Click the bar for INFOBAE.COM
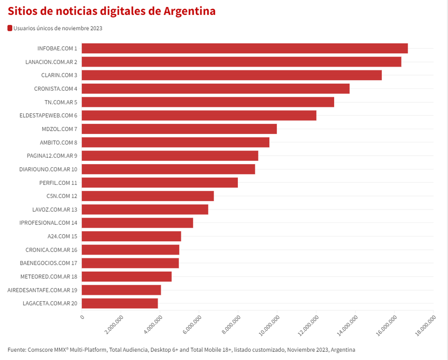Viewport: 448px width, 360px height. (x=245, y=49)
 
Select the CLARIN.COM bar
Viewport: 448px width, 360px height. (x=231, y=75)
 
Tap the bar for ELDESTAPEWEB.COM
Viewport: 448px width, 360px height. (x=199, y=116)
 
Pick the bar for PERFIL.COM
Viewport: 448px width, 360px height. (x=160, y=183)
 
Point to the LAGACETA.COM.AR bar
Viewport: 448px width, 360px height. (x=120, y=304)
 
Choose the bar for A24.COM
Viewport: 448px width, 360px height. (x=131, y=236)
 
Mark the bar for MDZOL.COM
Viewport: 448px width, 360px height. (x=179, y=129)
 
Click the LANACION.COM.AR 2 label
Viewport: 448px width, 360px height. (x=51, y=62)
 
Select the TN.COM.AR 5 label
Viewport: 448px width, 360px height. (x=61, y=102)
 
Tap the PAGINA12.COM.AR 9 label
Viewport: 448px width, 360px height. (x=52, y=156)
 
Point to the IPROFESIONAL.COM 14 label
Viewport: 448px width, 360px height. (x=48, y=223)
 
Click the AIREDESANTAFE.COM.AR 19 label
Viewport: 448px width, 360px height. (x=42, y=290)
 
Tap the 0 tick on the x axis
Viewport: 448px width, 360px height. (x=82, y=317)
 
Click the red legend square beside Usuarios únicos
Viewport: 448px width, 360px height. (x=10, y=28)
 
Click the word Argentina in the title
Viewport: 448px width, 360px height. (x=189, y=11)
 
